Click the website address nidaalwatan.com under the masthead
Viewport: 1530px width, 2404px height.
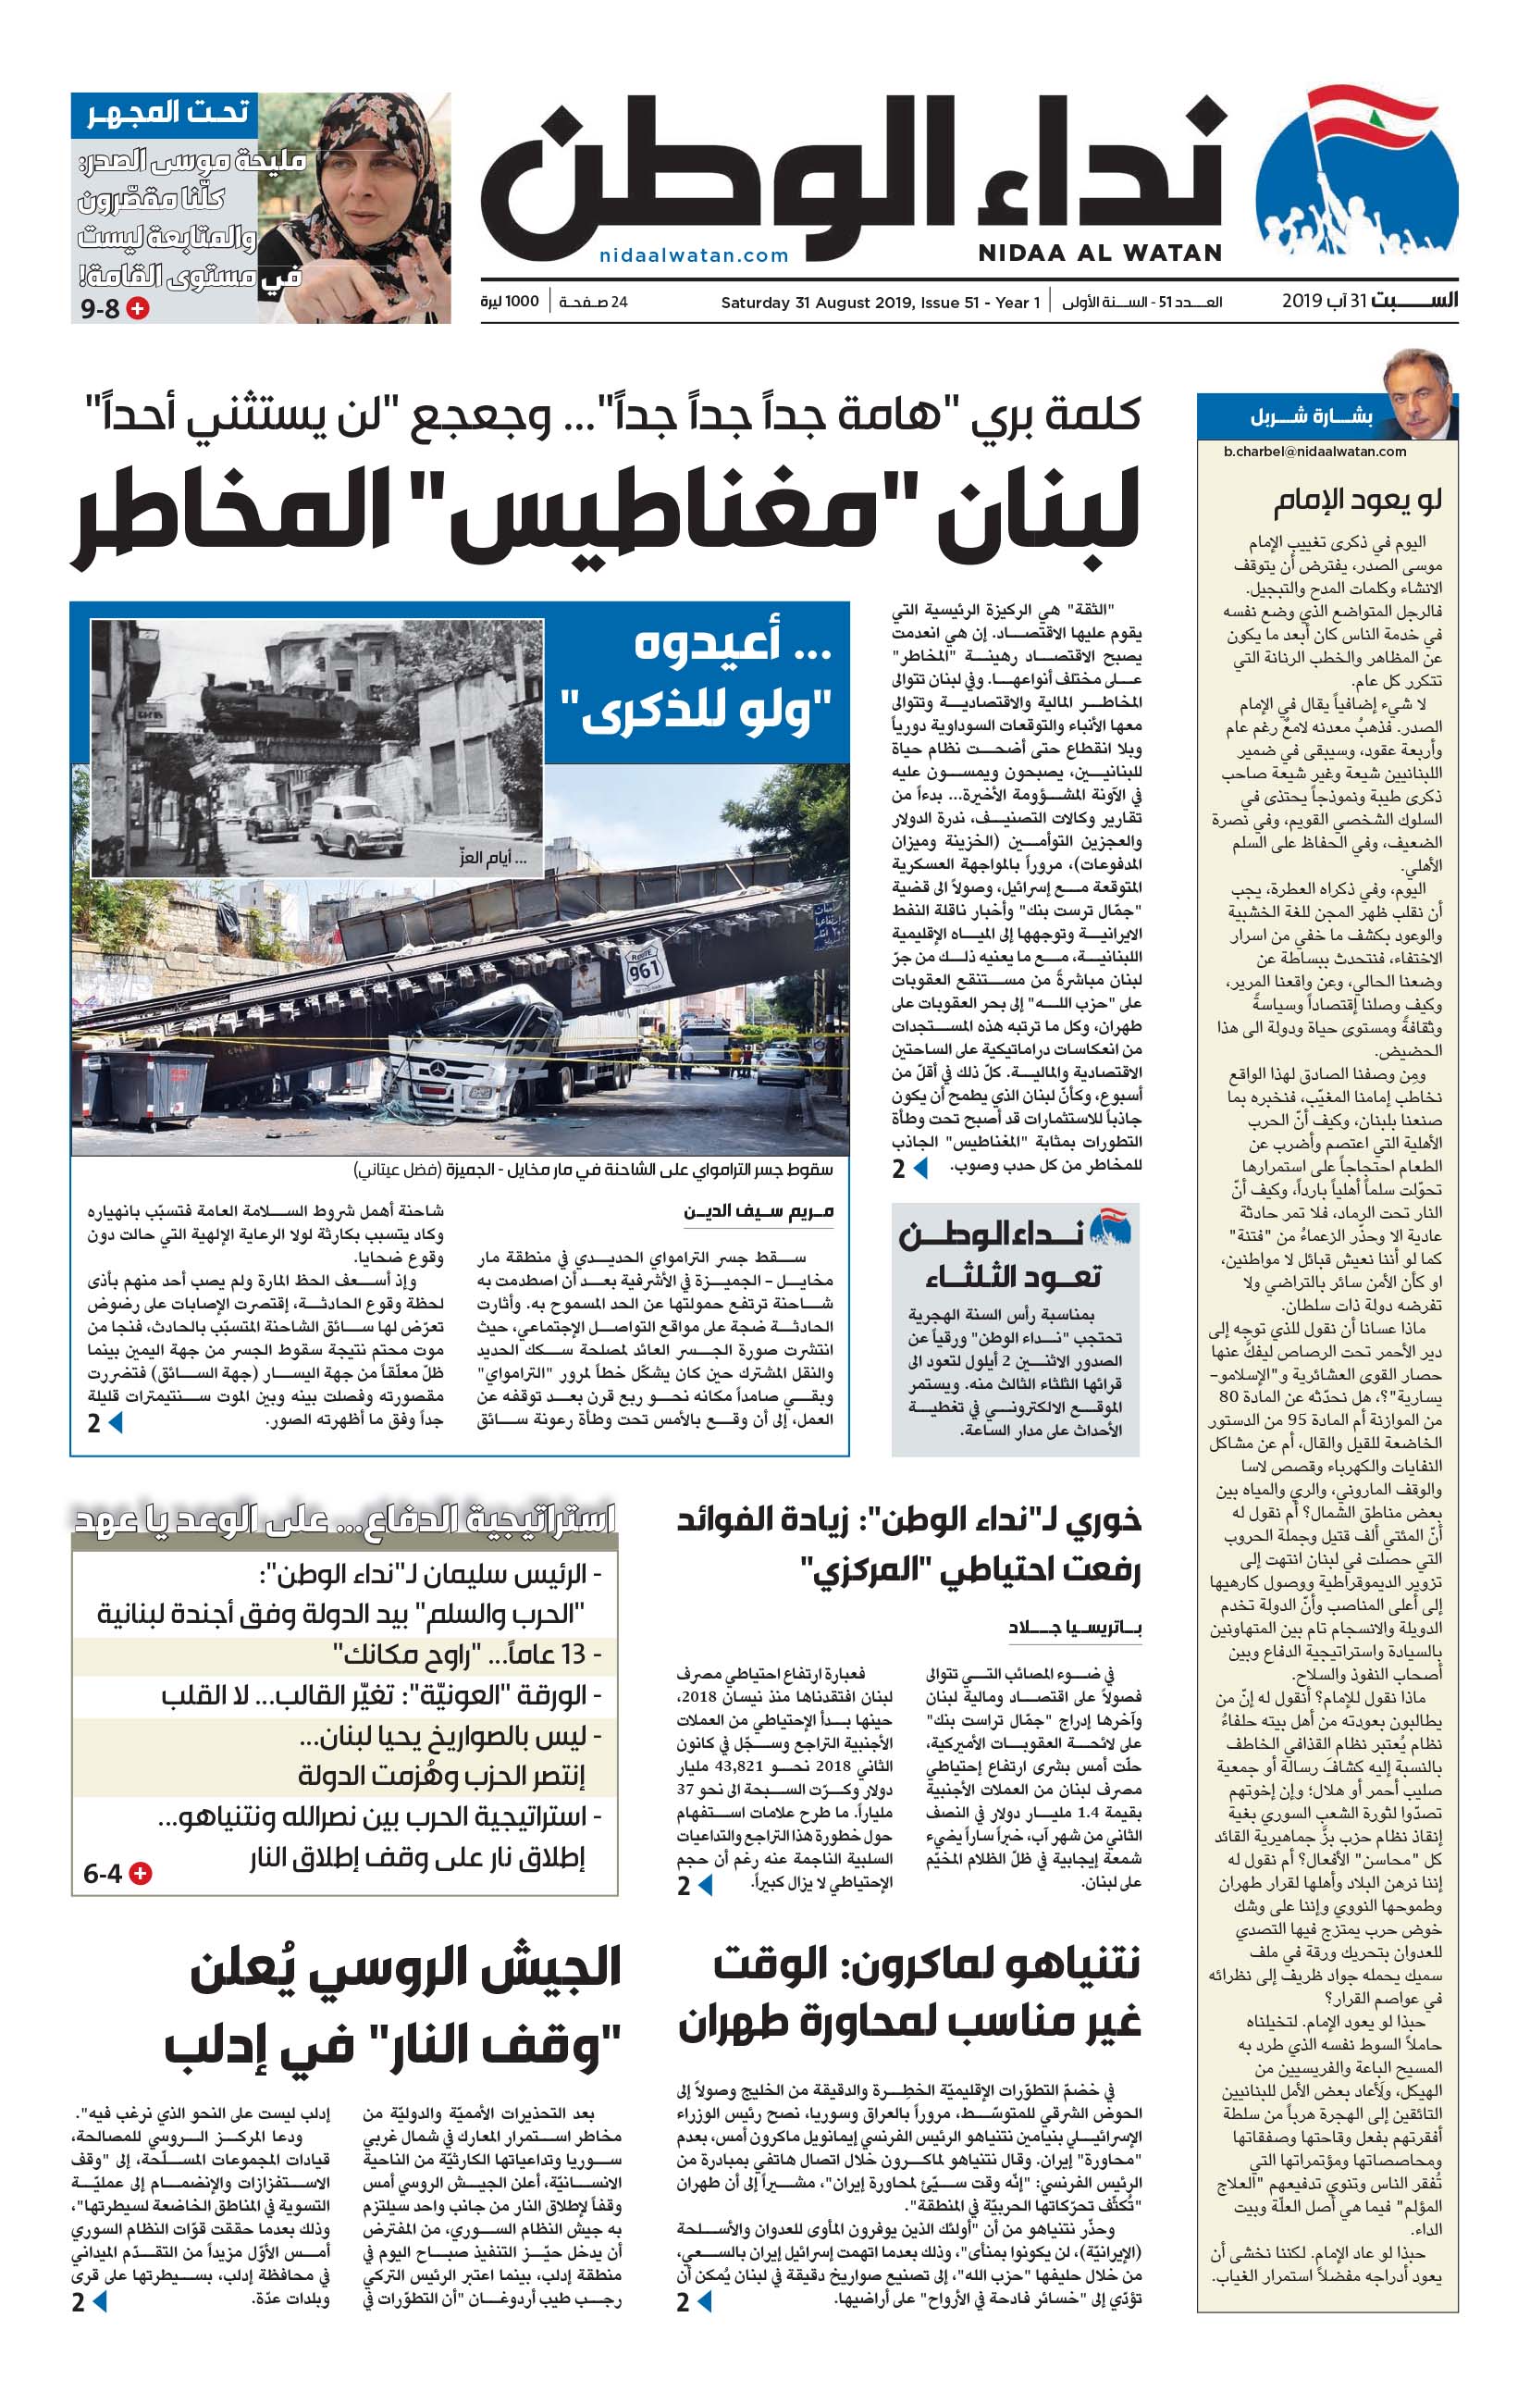tap(694, 255)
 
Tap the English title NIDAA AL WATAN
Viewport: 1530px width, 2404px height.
tap(1099, 254)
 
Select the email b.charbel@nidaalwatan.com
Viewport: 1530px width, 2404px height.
tap(1314, 452)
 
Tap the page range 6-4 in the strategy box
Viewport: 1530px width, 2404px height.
tap(103, 1874)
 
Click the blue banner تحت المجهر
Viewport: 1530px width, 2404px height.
tap(165, 114)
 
